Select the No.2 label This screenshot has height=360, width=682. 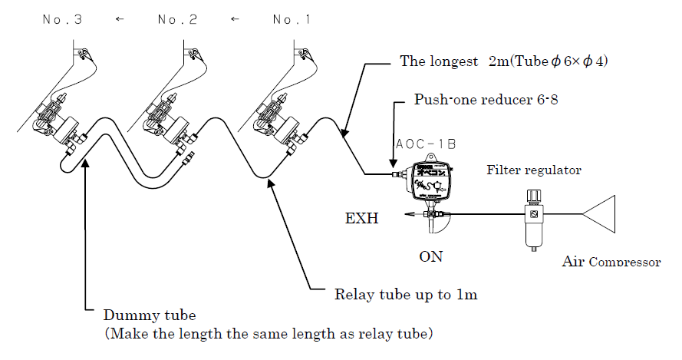coord(178,20)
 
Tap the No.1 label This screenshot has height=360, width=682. coord(292,20)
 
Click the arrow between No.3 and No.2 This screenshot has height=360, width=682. coord(119,20)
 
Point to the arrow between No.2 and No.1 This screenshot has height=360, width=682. coord(236,20)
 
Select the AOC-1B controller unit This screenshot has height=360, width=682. coord(431,182)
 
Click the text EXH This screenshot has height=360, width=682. coord(359,218)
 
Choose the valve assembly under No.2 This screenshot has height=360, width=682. coord(172,123)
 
